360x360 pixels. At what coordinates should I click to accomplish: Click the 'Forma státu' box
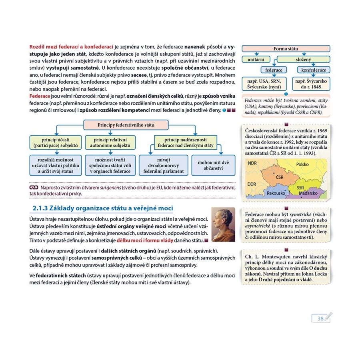click(x=286, y=49)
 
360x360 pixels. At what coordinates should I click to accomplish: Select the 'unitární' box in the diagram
click(x=256, y=59)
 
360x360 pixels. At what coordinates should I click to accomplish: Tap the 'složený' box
click(x=304, y=59)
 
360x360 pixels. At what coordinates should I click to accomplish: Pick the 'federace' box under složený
click(x=274, y=70)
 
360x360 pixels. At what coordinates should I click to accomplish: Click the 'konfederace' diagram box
click(x=314, y=70)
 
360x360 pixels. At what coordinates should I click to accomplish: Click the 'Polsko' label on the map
click(x=303, y=164)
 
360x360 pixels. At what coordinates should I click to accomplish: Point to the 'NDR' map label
click(x=252, y=164)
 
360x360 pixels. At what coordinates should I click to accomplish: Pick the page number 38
click(x=320, y=319)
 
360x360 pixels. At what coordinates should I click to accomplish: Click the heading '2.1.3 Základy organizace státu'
click(x=102, y=208)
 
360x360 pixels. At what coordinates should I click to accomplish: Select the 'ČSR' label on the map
click(x=279, y=176)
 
